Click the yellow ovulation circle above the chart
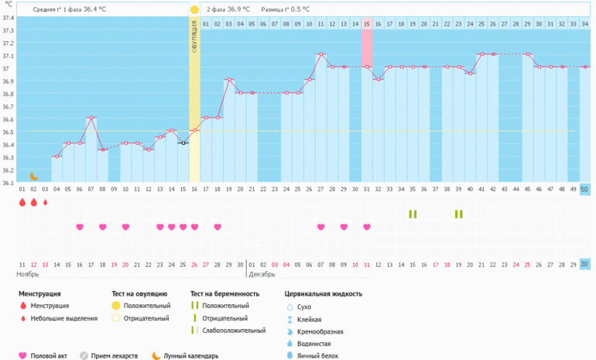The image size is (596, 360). [194, 9]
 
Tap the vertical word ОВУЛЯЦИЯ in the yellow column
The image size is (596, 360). [194, 37]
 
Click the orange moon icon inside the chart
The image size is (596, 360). [34, 177]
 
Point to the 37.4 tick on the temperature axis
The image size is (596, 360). [9, 17]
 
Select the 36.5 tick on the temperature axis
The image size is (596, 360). [9, 132]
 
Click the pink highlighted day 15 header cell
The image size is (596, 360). [367, 24]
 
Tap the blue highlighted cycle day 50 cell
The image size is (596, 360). [584, 190]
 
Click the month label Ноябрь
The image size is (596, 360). [28, 275]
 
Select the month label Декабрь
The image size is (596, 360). [262, 275]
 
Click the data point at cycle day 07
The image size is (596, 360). [91, 118]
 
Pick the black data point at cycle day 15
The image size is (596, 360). [183, 143]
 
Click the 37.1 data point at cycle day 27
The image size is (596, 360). [320, 54]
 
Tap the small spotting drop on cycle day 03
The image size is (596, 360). [45, 203]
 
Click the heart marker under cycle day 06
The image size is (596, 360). [80, 227]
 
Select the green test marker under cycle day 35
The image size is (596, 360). [413, 214]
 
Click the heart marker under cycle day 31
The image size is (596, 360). [367, 227]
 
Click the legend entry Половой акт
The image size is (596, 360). [49, 355]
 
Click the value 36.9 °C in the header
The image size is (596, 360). [236, 9]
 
